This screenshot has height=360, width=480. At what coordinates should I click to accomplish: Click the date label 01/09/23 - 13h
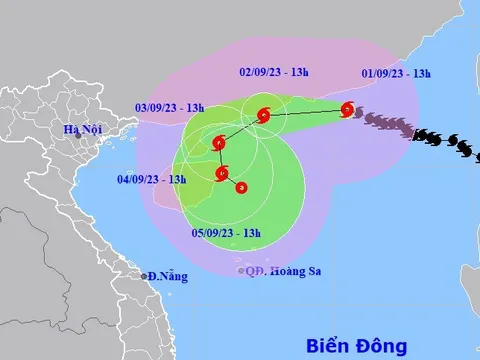(397, 74)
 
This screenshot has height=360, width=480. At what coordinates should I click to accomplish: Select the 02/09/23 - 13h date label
(275, 72)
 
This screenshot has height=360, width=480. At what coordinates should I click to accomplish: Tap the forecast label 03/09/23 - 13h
(171, 108)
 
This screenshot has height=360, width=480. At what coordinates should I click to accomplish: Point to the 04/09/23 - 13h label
(151, 180)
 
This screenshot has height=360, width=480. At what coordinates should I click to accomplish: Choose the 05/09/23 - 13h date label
(227, 233)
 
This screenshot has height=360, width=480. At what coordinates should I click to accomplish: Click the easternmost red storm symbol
(347, 110)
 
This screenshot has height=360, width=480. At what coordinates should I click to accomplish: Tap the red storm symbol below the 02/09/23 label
(263, 116)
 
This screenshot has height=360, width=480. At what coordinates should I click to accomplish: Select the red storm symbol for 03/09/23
(219, 144)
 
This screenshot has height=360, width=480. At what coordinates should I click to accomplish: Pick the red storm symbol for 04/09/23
(221, 173)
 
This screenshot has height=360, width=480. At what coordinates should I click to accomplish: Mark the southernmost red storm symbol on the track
(242, 187)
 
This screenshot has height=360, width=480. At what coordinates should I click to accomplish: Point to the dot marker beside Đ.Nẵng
(144, 276)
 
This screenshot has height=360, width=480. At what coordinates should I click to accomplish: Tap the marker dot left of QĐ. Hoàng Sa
(241, 270)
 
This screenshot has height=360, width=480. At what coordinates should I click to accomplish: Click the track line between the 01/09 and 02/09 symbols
(305, 113)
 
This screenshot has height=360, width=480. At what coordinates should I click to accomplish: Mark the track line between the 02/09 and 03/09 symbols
(241, 130)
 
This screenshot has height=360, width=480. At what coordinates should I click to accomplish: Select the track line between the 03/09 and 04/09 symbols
(220, 159)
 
